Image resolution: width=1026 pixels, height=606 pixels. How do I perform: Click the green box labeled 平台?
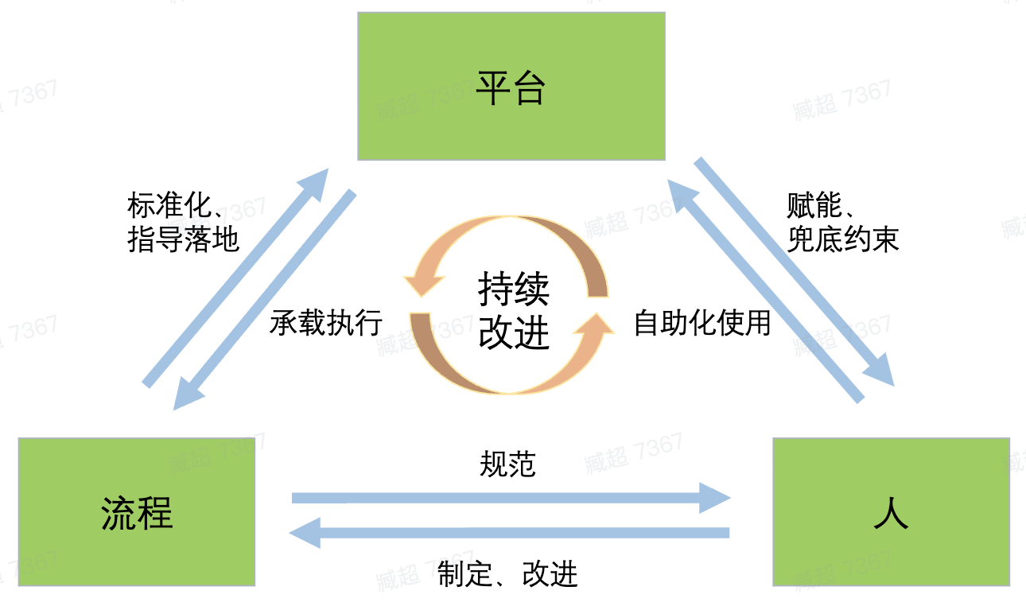coord(511,86)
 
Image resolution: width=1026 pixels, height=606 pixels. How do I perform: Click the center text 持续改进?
coord(513,311)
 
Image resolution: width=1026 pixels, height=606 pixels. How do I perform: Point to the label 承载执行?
coord(326,323)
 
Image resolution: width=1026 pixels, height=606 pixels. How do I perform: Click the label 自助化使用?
coord(702,323)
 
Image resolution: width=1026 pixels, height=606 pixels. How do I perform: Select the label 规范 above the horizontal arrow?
coord(507,464)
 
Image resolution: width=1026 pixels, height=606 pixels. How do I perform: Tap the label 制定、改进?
coord(507,573)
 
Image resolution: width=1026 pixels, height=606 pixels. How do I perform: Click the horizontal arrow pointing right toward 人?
coord(509,499)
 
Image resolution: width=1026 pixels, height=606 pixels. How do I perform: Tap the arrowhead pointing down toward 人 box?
coord(880,371)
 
